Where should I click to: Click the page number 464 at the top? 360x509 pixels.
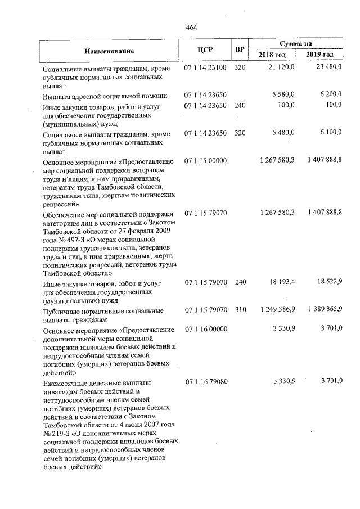click(191, 27)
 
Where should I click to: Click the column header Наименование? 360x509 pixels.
click(108, 51)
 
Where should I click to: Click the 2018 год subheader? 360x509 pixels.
click(272, 55)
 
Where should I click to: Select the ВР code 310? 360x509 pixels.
click(240, 310)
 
